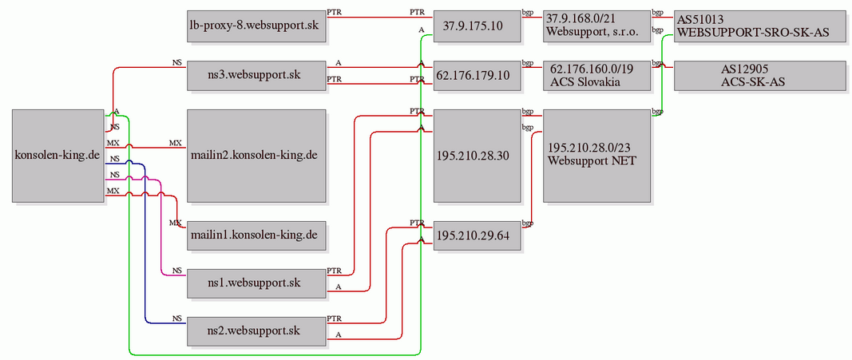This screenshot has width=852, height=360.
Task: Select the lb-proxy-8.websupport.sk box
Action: [x=256, y=26]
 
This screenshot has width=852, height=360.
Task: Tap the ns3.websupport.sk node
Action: [x=256, y=75]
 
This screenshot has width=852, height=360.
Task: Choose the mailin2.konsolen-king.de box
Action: [x=256, y=156]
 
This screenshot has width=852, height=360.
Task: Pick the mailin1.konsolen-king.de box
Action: [x=256, y=235]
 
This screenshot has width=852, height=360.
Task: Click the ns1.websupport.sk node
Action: [x=256, y=283]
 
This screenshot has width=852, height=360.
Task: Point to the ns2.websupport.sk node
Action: [x=256, y=330]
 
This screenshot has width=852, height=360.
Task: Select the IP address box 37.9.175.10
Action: [x=477, y=26]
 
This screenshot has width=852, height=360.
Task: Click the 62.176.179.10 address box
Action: [x=477, y=75]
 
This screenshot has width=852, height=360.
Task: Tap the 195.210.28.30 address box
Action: [x=477, y=156]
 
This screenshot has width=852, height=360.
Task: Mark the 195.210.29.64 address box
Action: [x=477, y=235]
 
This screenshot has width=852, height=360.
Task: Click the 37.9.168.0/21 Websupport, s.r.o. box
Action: [x=596, y=26]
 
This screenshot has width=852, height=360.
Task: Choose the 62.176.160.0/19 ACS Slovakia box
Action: [x=596, y=75]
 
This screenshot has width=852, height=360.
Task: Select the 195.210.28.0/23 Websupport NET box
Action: [x=596, y=156]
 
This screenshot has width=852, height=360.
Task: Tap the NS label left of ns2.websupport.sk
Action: [x=177, y=318]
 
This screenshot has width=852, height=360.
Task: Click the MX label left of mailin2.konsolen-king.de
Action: [x=176, y=143]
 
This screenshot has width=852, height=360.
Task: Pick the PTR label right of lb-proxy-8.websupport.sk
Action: [x=334, y=12]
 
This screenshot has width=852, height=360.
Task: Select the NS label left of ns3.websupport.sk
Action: [x=177, y=62]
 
